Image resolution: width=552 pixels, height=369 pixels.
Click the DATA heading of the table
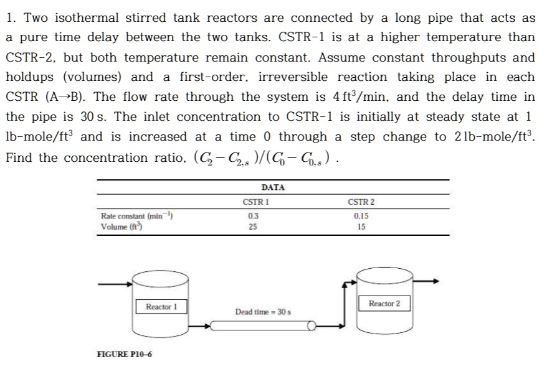(273, 187)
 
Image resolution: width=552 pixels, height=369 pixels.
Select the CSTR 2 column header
(361, 202)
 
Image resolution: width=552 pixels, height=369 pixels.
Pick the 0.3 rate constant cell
(252, 216)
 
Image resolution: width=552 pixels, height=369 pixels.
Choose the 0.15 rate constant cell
(361, 216)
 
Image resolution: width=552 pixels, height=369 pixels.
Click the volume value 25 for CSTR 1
(252, 227)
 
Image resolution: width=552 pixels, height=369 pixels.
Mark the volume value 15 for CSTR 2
(361, 227)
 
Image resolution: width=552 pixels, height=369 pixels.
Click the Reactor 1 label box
(161, 307)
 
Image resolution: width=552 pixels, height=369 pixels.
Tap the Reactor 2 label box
(384, 304)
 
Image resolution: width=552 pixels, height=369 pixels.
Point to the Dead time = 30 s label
(263, 311)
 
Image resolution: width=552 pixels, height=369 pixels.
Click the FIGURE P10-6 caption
(125, 355)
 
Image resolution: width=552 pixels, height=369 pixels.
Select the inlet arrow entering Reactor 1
(118, 284)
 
